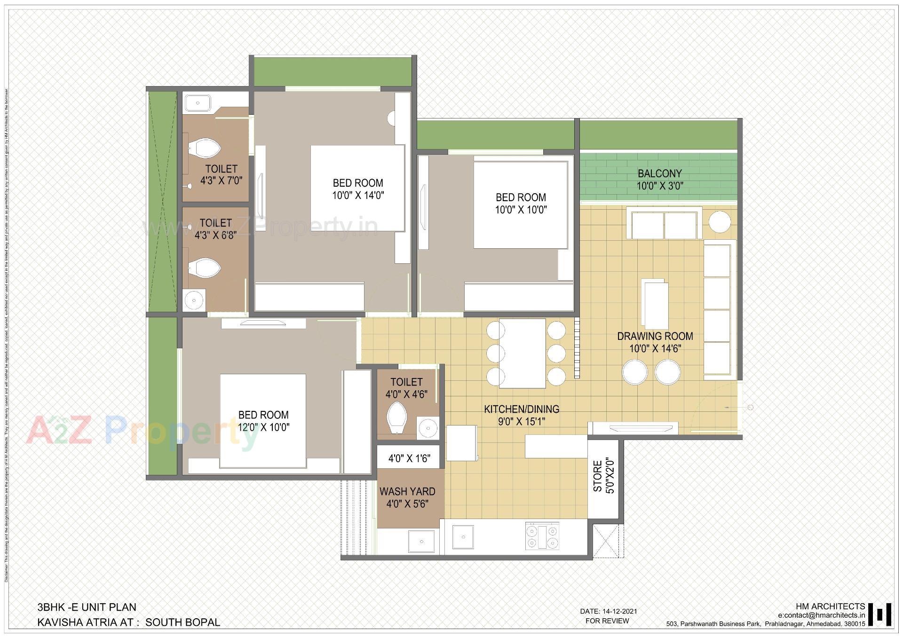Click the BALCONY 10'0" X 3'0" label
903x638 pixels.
(x=659, y=180)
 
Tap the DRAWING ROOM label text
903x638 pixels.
(x=655, y=337)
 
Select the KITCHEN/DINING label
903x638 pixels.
(x=522, y=409)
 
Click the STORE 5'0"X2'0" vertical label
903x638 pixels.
(x=603, y=477)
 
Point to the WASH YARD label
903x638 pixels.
(x=407, y=492)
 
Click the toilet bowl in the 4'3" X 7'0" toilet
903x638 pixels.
(x=205, y=148)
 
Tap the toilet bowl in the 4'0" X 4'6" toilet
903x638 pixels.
(x=397, y=417)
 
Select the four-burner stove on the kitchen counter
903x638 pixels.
(x=542, y=536)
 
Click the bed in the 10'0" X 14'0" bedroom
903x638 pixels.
(x=357, y=188)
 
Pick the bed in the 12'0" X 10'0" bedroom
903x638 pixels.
(x=263, y=420)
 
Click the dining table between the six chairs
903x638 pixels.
(x=522, y=353)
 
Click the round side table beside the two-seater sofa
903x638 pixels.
(x=720, y=221)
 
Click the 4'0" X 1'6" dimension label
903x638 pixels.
(x=409, y=458)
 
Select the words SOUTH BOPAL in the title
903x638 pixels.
(x=182, y=622)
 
